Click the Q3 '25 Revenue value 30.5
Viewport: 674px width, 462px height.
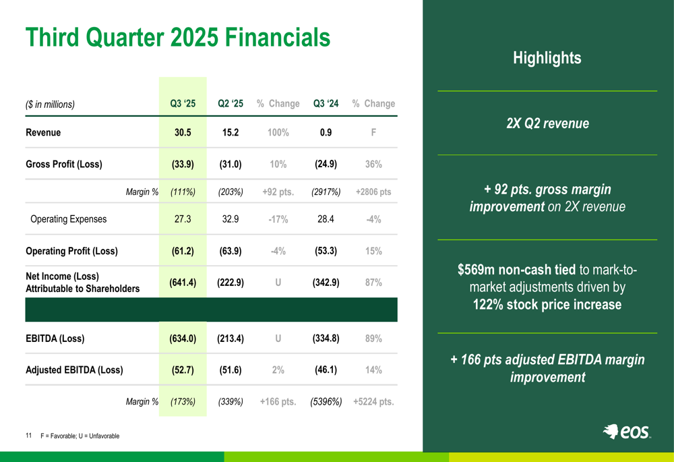[x=183, y=133]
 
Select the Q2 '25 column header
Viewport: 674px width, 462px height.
[x=231, y=104]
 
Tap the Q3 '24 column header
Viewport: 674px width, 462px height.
[x=326, y=104]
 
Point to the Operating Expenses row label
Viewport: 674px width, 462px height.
[x=69, y=219]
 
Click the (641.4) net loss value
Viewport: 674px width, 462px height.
[x=183, y=283]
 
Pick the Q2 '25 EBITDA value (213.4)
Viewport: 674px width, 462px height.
[x=231, y=339]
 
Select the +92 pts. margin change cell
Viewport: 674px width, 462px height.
[x=278, y=192]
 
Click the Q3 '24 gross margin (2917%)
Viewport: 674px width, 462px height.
[x=326, y=192]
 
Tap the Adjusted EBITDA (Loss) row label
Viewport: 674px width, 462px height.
[x=74, y=370]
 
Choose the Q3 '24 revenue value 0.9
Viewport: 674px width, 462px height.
[x=326, y=133]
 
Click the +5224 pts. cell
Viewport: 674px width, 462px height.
[x=373, y=402]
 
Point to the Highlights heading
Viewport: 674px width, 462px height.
[x=547, y=58]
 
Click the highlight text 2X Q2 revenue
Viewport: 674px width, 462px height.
[x=547, y=123]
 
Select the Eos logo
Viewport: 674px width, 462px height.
[x=627, y=432]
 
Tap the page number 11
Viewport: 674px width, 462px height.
[x=29, y=436]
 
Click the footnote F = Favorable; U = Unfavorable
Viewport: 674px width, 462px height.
[x=80, y=436]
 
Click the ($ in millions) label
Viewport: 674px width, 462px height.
[x=50, y=105]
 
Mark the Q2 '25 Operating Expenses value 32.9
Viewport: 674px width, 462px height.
[x=231, y=219]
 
